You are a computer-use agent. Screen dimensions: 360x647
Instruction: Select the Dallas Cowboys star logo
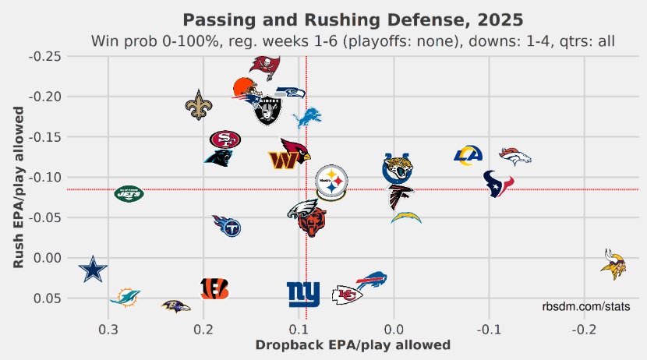pos(94,270)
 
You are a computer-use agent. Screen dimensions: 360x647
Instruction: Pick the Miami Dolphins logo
pos(125,296)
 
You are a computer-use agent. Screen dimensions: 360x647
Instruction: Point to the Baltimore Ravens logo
pos(175,306)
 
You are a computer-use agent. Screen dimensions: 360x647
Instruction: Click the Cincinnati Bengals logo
pos(214,288)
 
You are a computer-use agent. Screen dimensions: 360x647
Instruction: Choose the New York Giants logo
pos(303,294)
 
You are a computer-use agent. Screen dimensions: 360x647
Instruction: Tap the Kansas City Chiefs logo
pos(347,295)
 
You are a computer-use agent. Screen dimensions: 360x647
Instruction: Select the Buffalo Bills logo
pos(372,281)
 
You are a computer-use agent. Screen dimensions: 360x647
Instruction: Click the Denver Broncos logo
pos(515,156)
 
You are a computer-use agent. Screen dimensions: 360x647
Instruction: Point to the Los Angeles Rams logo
pos(468,156)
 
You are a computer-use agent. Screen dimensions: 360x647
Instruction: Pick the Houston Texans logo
pos(499,184)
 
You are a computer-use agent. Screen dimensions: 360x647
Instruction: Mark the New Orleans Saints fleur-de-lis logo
pos(198,105)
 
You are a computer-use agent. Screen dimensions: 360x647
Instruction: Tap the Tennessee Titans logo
pos(227,226)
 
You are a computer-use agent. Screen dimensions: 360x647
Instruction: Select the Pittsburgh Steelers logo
pos(332,183)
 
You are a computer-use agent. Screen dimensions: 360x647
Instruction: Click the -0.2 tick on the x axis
pos(584,327)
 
